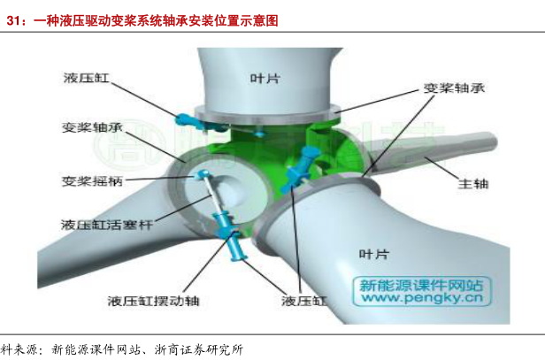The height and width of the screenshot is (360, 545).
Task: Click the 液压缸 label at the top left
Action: coord(86,77)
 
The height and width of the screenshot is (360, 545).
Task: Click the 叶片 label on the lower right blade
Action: coord(372,255)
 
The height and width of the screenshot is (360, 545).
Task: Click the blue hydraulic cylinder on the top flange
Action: coord(189,119)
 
